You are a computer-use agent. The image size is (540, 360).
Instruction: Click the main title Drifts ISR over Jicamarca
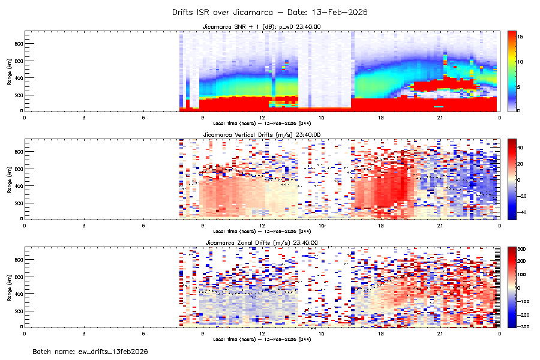tap(269, 12)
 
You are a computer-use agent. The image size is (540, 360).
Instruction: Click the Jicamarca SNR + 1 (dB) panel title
tap(262, 27)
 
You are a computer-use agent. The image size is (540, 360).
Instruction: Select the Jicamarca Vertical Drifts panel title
tap(262, 135)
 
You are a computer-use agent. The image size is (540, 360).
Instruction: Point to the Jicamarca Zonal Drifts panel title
tap(262, 242)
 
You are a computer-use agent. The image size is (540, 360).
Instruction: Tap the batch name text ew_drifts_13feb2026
tap(90, 351)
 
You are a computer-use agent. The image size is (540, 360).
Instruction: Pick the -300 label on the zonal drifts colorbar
tap(521, 326)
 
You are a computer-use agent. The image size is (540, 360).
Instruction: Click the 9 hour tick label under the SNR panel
tap(203, 117)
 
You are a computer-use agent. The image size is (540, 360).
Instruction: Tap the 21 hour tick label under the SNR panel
tap(440, 117)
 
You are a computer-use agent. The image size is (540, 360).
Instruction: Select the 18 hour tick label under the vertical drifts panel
tap(381, 225)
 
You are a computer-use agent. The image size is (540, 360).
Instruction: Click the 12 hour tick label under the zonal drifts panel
tap(262, 333)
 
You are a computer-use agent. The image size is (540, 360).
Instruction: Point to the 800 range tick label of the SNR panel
tap(19, 44)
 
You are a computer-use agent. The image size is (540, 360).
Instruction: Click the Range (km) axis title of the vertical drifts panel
tap(10, 179)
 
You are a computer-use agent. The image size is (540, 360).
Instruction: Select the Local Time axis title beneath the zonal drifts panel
tap(262, 339)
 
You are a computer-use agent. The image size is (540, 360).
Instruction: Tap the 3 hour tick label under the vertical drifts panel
tap(84, 225)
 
